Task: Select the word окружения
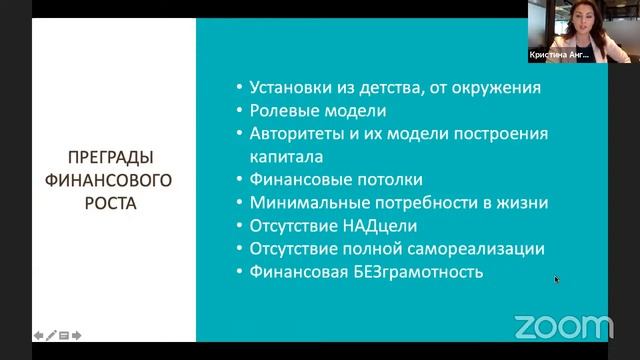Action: pyautogui.click(x=495, y=88)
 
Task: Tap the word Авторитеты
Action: pyautogui.click(x=297, y=134)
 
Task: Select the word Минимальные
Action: pyautogui.click(x=305, y=203)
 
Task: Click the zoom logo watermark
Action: pyautogui.click(x=563, y=327)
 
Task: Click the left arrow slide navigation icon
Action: pyautogui.click(x=39, y=336)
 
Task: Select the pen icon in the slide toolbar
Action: pyautogui.click(x=51, y=336)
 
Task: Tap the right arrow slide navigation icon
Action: pyautogui.click(x=77, y=336)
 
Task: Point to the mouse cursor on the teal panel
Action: pyautogui.click(x=557, y=280)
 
